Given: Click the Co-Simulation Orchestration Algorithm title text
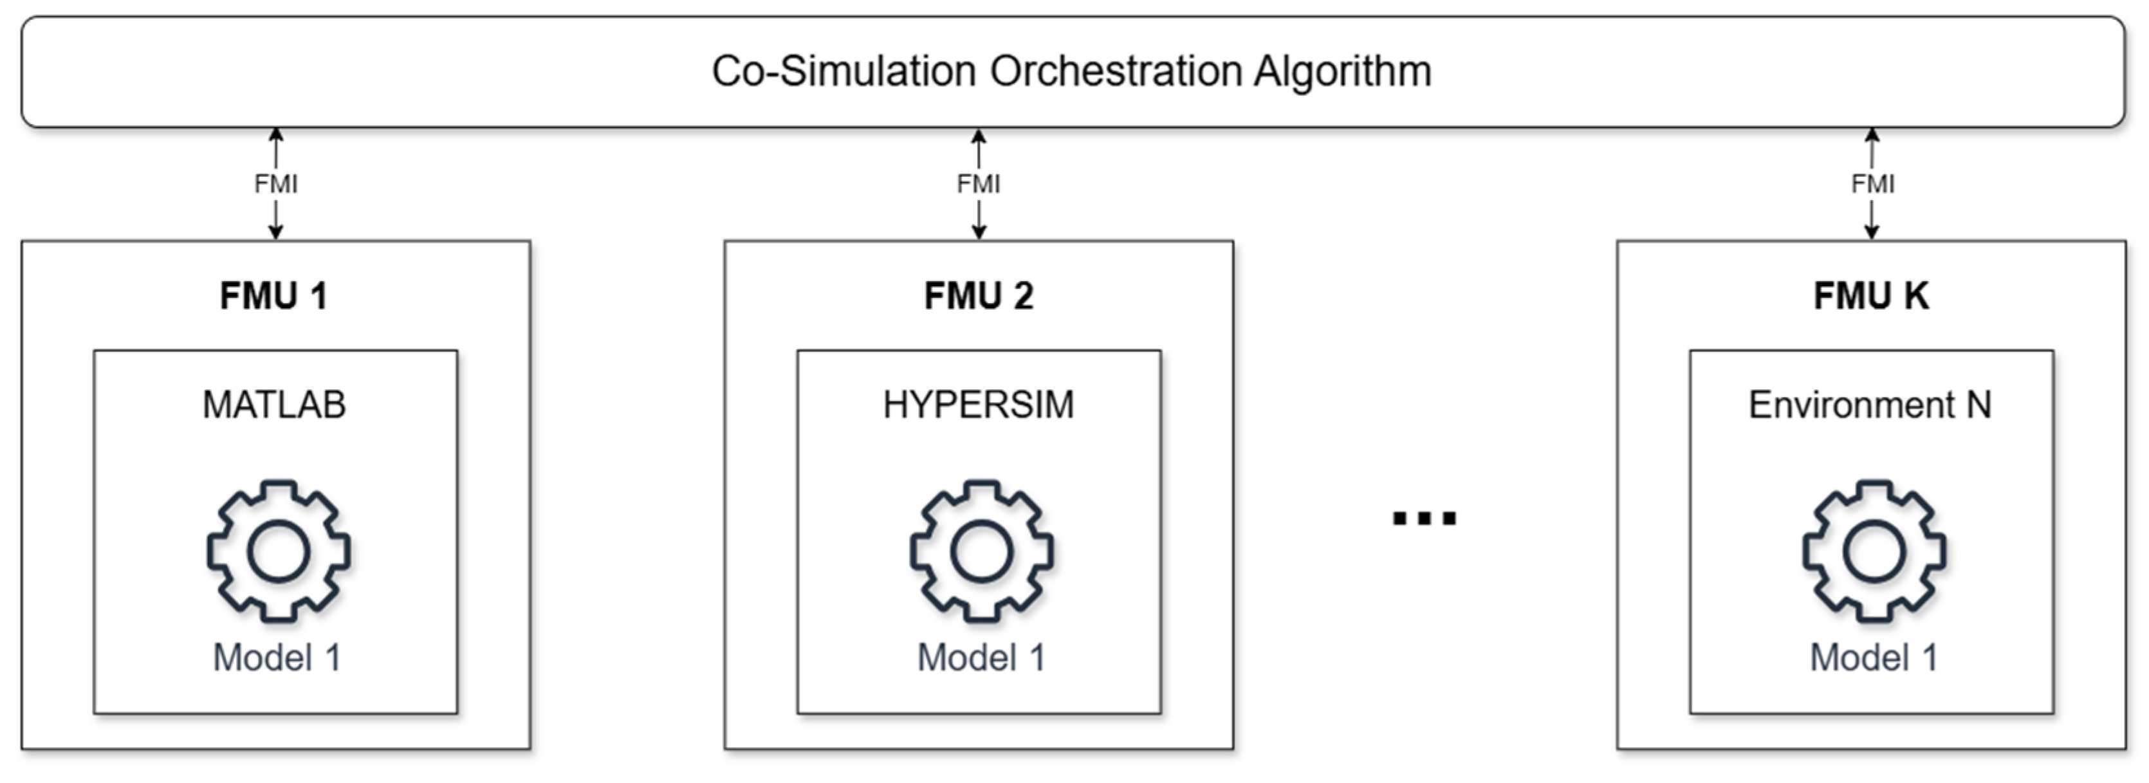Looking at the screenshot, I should point(1071,71).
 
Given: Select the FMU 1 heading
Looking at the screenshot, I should point(273,296).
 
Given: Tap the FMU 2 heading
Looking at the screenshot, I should point(979,296).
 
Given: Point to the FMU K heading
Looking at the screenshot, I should point(1870,296).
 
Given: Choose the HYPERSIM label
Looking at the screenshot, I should point(979,405).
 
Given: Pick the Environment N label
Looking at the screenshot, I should point(1870,405).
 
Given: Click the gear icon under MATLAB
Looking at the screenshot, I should point(279,551).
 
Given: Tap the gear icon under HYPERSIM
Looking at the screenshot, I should point(982,551).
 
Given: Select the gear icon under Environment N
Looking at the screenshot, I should point(1874,551).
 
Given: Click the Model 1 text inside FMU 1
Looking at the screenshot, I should point(277,658).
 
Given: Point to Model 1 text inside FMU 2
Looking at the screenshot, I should point(981,658).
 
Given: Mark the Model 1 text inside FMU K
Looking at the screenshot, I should point(1873,658).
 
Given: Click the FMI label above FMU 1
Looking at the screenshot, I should point(276,183).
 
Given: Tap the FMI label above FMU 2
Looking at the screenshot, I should point(979,183).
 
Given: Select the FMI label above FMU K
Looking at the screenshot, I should point(1872,183).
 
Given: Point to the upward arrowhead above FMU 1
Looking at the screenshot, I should point(276,135).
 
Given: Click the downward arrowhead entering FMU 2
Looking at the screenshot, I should point(979,232).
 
